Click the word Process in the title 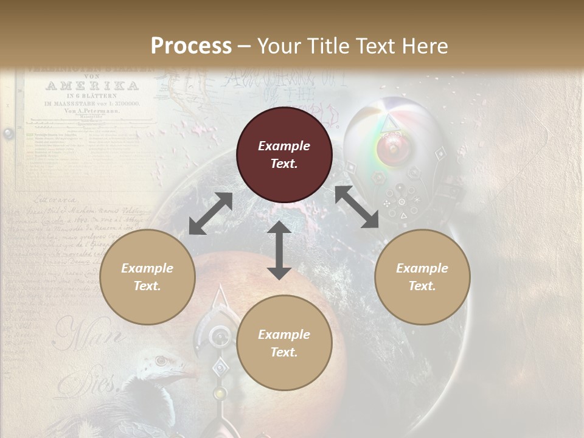[x=191, y=46]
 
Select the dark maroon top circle [x=284, y=155]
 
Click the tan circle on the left [x=147, y=277]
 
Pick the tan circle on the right [x=422, y=277]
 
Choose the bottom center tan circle [x=284, y=343]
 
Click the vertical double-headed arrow [x=279, y=250]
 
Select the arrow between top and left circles [x=210, y=214]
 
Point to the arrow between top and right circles [x=356, y=207]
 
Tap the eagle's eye [x=161, y=361]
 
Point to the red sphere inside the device [x=389, y=148]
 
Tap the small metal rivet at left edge [x=7, y=133]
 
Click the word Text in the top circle [x=284, y=164]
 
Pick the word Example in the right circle [x=422, y=268]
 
